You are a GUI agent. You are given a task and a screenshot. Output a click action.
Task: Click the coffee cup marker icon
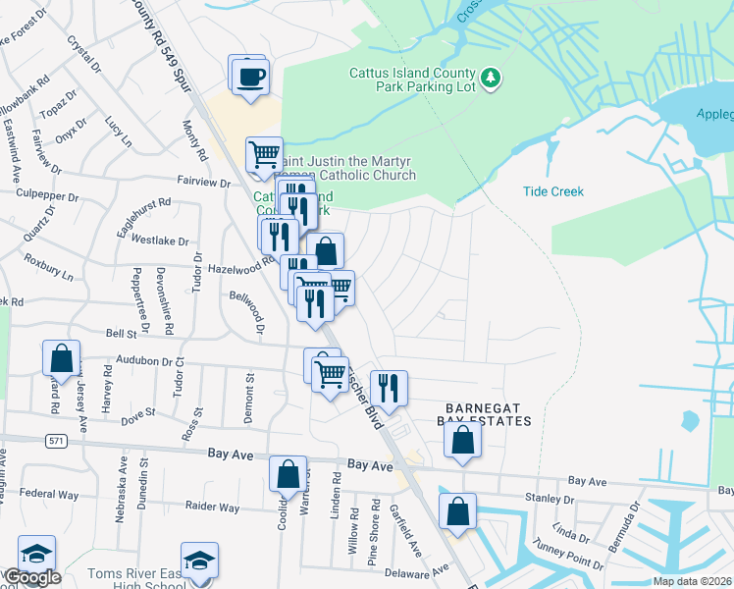(248, 76)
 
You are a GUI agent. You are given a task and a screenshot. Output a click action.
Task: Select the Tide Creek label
(552, 191)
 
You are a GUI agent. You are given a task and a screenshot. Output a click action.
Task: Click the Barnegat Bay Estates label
(488, 413)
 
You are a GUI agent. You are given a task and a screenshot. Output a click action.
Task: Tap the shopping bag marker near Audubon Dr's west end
(62, 359)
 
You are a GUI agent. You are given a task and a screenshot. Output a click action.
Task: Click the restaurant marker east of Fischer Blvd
(389, 388)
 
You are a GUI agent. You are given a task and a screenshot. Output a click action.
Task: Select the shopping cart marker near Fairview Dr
(264, 155)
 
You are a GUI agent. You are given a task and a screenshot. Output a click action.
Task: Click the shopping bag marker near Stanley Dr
(457, 511)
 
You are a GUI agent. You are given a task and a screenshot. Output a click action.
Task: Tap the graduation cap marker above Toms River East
(200, 561)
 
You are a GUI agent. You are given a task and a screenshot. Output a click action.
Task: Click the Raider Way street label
(212, 508)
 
